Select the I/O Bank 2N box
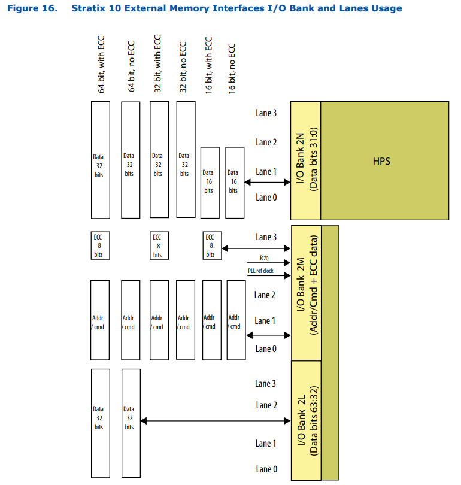click(x=305, y=160)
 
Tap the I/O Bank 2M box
click(x=305, y=293)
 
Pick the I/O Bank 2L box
click(x=305, y=420)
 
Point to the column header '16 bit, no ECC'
click(x=232, y=68)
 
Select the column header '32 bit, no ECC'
click(x=184, y=68)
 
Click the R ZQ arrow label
click(x=265, y=258)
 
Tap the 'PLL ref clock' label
click(x=260, y=271)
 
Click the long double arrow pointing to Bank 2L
click(x=215, y=421)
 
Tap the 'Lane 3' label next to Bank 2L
click(x=266, y=383)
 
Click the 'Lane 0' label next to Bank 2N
click(x=266, y=197)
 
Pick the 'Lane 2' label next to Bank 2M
click(x=265, y=295)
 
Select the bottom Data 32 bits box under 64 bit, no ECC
click(x=130, y=418)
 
